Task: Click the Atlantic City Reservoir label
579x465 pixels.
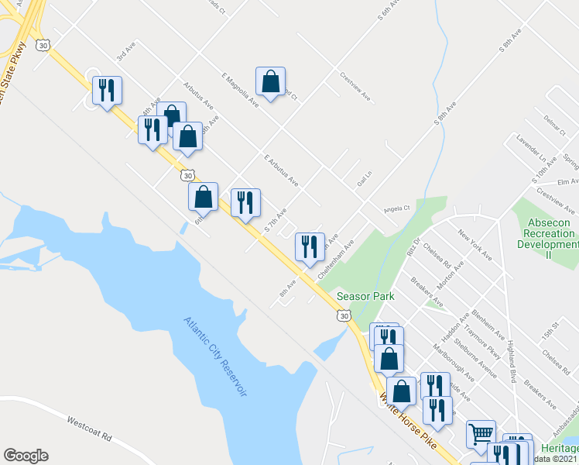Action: (214, 357)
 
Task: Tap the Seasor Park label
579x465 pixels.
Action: (365, 296)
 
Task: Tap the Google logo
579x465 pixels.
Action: (26, 456)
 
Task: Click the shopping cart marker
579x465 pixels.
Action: (481, 434)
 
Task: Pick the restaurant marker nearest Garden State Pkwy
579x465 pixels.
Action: (107, 90)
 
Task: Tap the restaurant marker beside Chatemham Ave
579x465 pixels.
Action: (310, 247)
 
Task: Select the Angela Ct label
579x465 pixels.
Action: (396, 209)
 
